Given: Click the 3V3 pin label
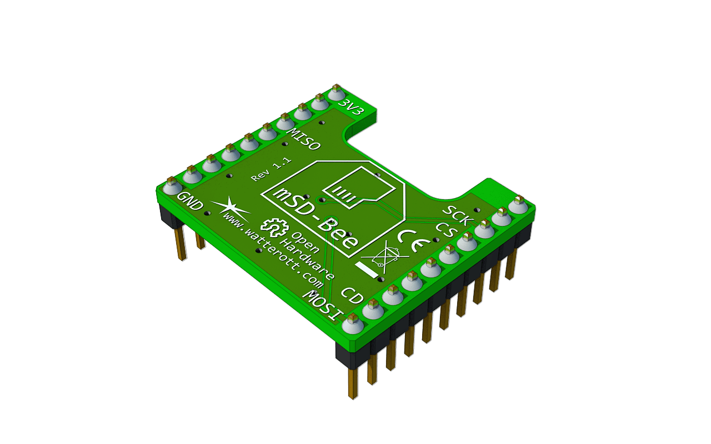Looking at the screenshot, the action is (x=351, y=108).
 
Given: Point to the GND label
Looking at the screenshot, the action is (x=189, y=201).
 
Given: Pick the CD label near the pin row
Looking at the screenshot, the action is (x=352, y=296).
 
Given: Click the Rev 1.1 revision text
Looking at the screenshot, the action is (x=271, y=170).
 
